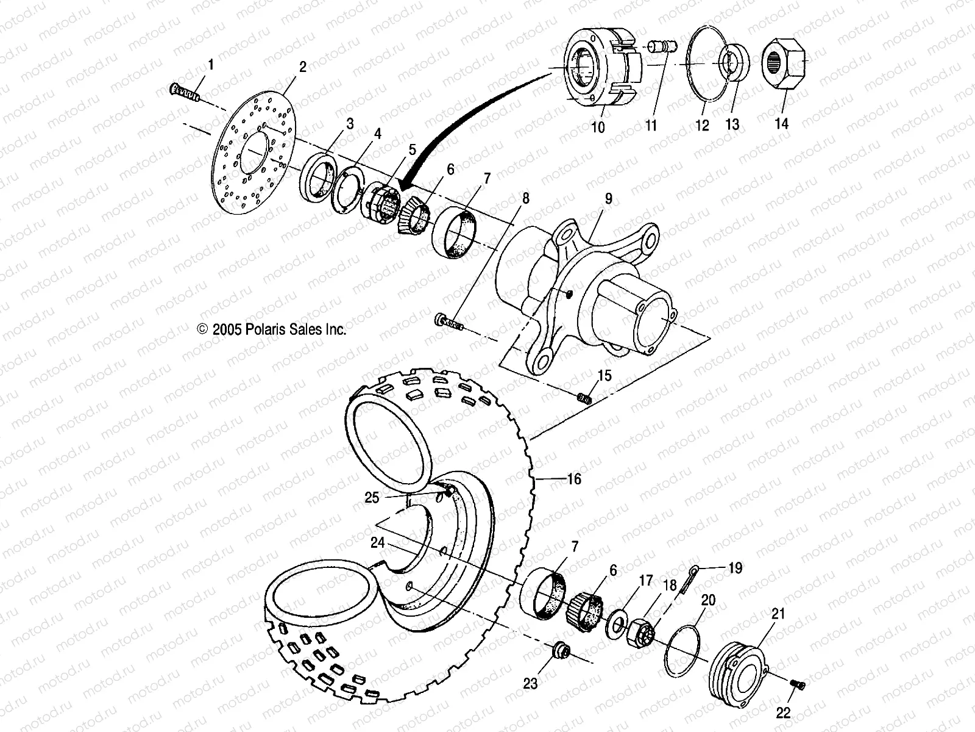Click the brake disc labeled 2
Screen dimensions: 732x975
pyautogui.click(x=256, y=152)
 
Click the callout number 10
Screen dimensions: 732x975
pyautogui.click(x=598, y=127)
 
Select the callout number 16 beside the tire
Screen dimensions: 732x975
pyautogui.click(x=574, y=479)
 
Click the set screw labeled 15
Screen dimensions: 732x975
pyautogui.click(x=585, y=398)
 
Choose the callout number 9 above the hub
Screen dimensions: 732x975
pyautogui.click(x=608, y=199)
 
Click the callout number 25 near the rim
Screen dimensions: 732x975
pyautogui.click(x=372, y=498)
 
